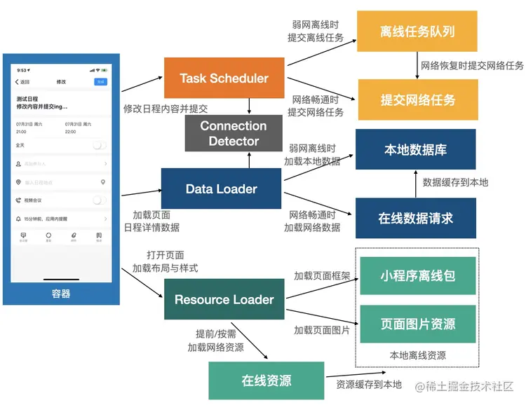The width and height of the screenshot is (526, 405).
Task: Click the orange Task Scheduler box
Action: (224, 78)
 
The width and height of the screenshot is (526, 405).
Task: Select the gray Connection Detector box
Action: (234, 133)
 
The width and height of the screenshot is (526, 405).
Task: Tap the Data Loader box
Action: (221, 188)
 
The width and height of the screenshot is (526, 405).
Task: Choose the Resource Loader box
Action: (224, 299)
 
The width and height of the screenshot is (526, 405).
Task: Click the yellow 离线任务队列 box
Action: (417, 31)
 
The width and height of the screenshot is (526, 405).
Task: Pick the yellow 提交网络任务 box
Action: (417, 99)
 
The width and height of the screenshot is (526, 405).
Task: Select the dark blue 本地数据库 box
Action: (415, 149)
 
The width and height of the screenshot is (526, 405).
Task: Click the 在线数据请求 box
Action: (415, 218)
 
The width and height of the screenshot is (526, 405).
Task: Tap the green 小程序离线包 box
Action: (417, 275)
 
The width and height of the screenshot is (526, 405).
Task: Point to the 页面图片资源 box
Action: (417, 324)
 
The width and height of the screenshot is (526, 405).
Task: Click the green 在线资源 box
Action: (267, 380)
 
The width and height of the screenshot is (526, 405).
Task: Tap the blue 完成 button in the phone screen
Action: (100, 82)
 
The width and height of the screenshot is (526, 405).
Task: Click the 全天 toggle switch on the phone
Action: (100, 145)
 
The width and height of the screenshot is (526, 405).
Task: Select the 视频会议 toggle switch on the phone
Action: (100, 200)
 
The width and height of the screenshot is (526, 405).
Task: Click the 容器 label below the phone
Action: (61, 294)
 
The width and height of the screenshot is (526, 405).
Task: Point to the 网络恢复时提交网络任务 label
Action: (472, 65)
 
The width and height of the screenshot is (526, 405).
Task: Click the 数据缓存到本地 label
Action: (455, 182)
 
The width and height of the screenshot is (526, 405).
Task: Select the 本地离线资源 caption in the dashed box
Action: (417, 355)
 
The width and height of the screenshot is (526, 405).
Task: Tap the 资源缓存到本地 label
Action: (369, 384)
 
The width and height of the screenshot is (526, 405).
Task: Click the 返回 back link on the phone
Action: (22, 82)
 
